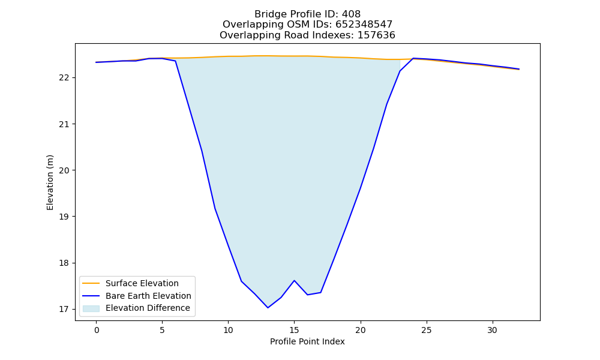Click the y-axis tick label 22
(64, 78)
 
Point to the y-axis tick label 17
(64, 309)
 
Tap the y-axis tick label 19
(64, 217)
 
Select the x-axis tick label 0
(97, 330)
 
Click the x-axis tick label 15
(294, 330)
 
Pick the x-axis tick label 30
(493, 330)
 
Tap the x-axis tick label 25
(426, 330)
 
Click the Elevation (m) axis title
(50, 182)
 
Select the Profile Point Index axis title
(307, 341)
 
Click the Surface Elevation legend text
(142, 283)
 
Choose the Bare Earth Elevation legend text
(148, 296)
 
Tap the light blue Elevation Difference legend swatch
(91, 308)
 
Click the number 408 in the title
(351, 14)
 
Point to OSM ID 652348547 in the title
(364, 25)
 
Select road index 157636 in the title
(376, 35)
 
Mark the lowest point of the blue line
(268, 308)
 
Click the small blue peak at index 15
(294, 280)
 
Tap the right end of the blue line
(519, 69)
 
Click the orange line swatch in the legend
(91, 283)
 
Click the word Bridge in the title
(267, 14)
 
